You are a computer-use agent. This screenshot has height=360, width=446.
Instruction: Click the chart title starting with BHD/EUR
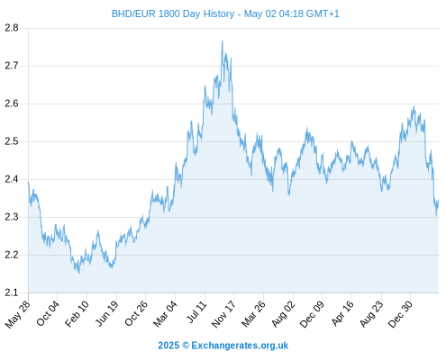225,13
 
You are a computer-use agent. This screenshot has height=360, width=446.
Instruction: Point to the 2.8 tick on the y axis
12,28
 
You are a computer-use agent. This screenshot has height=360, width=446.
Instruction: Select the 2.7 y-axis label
12,66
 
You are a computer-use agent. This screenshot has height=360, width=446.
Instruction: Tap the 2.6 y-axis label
12,103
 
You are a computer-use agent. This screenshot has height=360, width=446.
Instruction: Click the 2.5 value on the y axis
12,141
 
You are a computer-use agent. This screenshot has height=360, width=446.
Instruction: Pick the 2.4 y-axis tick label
12,179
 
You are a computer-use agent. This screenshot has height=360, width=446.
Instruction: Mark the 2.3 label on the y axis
12,217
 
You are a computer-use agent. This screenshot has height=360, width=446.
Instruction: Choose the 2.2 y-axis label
12,255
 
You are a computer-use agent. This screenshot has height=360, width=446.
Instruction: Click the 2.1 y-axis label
12,292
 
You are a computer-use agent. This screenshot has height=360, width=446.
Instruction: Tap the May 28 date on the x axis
18,314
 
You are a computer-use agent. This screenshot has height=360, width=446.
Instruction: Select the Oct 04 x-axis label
48,313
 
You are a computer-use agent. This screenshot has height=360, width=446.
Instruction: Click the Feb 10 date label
77,313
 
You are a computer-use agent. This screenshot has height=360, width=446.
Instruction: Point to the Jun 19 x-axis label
107,313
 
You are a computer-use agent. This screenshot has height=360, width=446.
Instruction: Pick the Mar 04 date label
166,313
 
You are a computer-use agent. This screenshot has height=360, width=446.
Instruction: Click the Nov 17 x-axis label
223,314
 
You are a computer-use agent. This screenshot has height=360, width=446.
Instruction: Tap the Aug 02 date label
283,314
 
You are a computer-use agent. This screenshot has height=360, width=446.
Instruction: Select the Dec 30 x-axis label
400,314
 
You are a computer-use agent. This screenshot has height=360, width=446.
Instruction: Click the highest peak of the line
223,40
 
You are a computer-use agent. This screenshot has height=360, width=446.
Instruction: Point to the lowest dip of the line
79,274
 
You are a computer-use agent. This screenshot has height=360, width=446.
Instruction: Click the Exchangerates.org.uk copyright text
223,346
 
